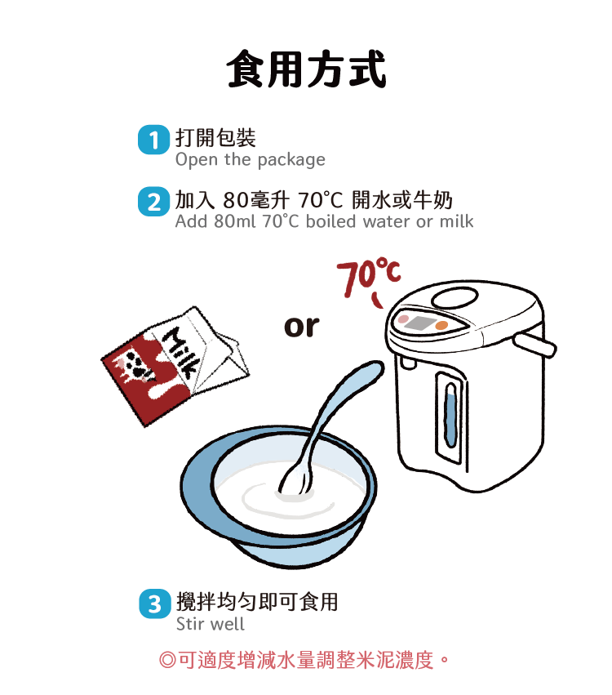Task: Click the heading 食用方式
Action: tap(306, 69)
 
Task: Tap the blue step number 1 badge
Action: tap(153, 140)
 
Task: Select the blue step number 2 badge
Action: tap(153, 202)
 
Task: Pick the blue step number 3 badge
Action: tap(154, 604)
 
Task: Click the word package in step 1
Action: tap(291, 160)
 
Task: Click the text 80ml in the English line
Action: tap(235, 221)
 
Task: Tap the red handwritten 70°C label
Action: tap(369, 277)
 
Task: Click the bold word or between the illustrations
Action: tap(301, 327)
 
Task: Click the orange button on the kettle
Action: tap(441, 326)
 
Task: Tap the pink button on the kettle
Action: tap(403, 319)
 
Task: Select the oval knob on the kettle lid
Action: tap(455, 298)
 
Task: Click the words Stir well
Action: tap(210, 624)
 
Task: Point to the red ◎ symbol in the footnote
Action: tap(167, 660)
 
